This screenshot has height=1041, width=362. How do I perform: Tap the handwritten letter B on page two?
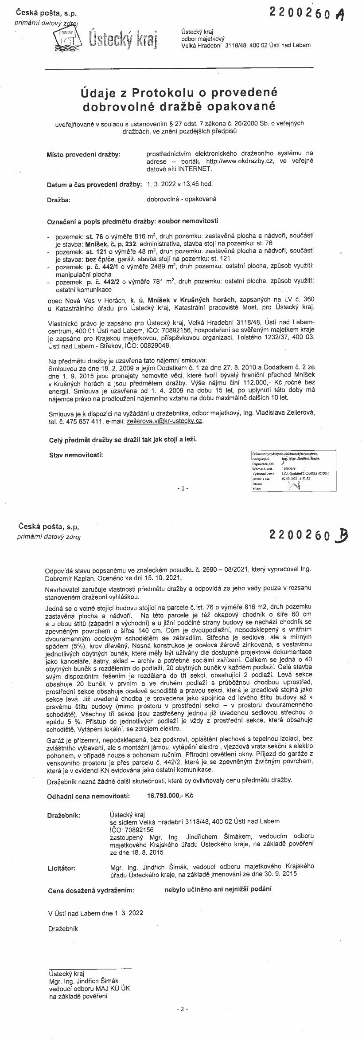coord(341,536)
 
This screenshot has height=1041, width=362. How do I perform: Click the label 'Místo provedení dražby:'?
coord(84,154)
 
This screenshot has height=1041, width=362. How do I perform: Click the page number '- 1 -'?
coord(182,488)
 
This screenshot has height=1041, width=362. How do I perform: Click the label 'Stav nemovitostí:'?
coord(75,455)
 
